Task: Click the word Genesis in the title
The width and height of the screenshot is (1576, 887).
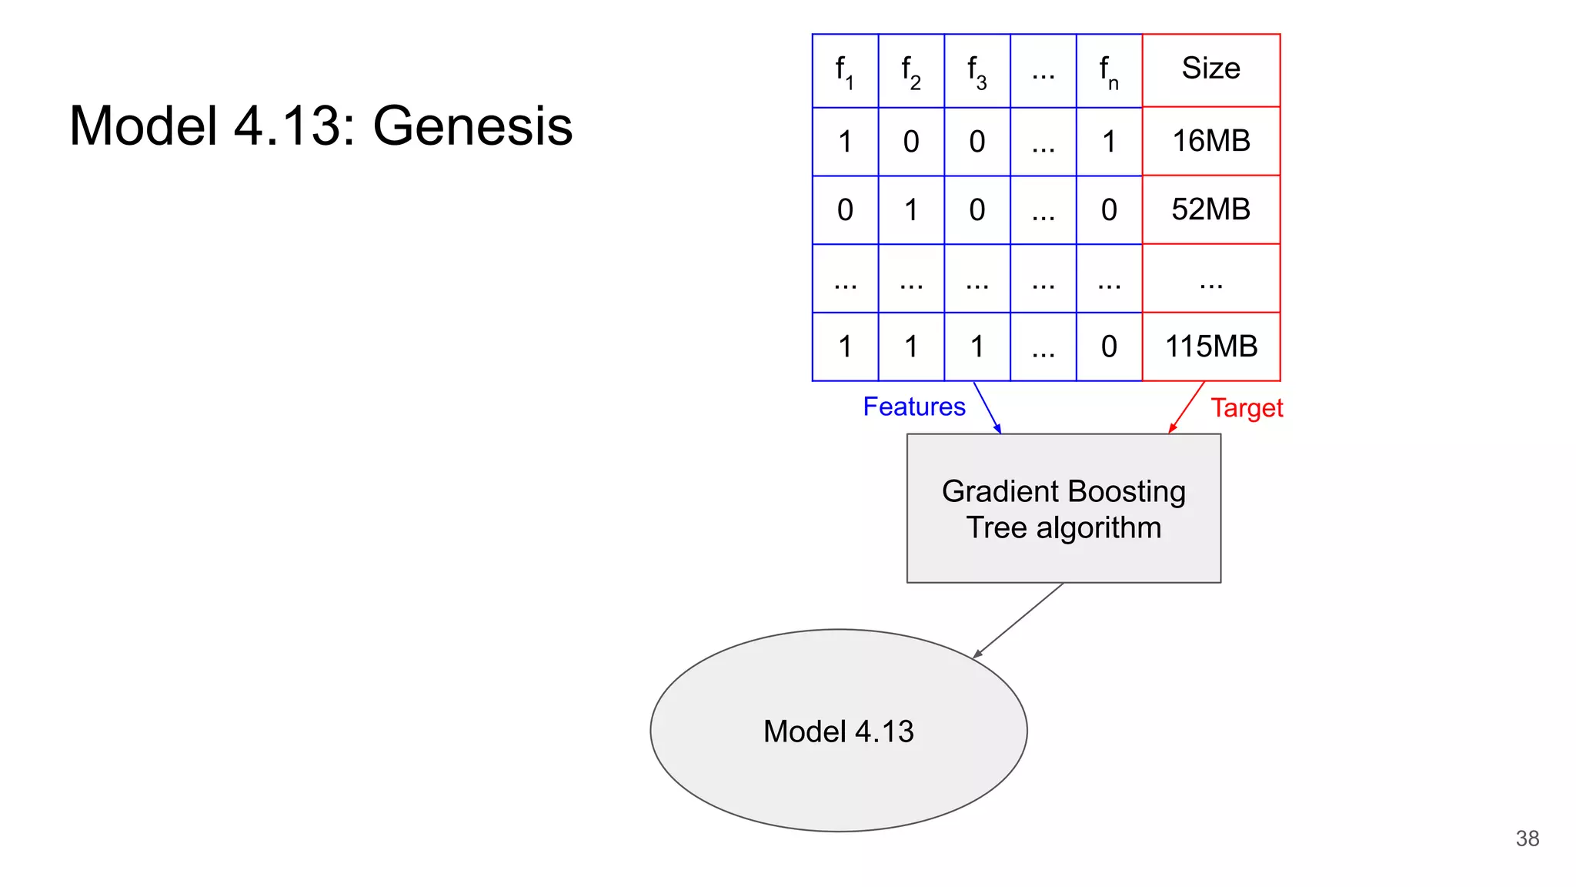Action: (x=472, y=126)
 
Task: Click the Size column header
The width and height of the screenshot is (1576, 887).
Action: (x=1210, y=69)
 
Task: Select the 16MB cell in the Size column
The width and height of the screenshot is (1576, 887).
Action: (x=1210, y=141)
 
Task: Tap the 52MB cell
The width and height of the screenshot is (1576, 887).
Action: (x=1210, y=209)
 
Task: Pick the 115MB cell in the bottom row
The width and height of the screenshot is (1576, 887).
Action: (x=1210, y=346)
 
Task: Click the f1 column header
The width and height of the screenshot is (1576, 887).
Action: (x=844, y=71)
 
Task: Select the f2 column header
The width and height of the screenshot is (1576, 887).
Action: (x=910, y=71)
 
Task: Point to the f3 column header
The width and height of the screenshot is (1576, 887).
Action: (x=977, y=71)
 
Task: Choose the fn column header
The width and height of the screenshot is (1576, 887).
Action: (x=1108, y=71)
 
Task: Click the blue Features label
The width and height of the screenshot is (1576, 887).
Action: (x=913, y=407)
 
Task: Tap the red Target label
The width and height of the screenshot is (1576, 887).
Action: (x=1247, y=408)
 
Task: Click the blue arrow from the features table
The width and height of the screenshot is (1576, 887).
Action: (x=987, y=407)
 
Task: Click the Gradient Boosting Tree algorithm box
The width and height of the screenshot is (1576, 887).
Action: (x=1063, y=508)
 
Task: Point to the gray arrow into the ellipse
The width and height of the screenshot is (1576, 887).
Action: (x=1019, y=620)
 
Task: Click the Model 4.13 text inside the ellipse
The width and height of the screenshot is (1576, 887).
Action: (x=838, y=731)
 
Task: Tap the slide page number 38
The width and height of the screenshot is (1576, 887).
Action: (x=1527, y=838)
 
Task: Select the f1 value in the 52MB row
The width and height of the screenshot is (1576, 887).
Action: (x=844, y=210)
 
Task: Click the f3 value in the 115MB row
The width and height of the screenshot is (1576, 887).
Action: (x=977, y=346)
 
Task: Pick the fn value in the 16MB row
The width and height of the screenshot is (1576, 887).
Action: (x=1108, y=142)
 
